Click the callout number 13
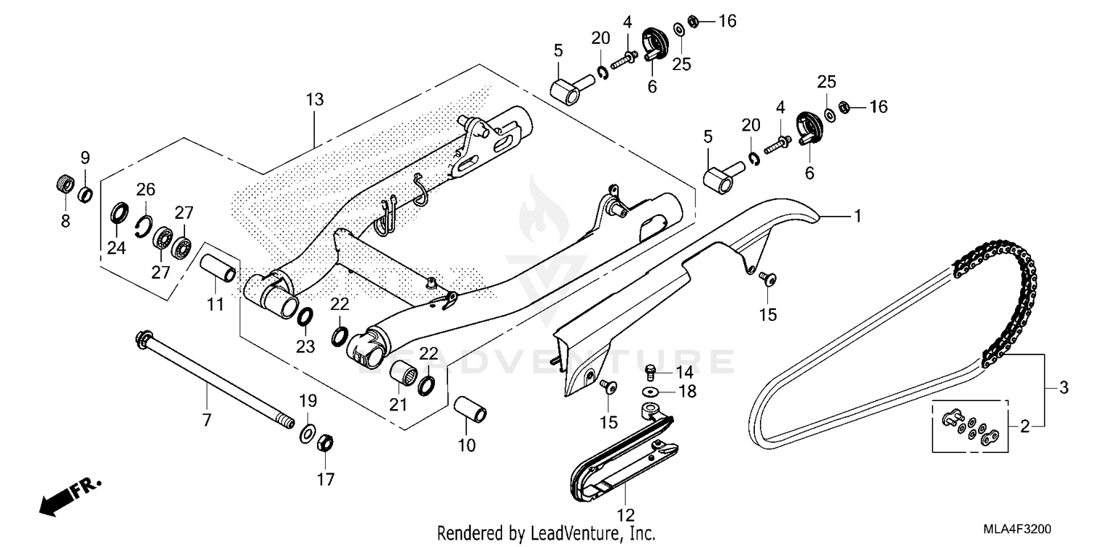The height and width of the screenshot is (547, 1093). [315, 99]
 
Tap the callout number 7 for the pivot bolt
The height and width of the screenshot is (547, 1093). [206, 420]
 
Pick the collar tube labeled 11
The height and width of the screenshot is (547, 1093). [219, 267]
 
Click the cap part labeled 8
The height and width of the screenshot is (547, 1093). [66, 183]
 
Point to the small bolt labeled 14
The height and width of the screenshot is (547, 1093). [652, 371]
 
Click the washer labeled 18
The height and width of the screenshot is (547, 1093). [650, 392]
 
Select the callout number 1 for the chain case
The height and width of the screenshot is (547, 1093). [858, 216]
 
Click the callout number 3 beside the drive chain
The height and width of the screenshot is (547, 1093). [1063, 388]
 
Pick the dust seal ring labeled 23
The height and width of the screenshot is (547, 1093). [306, 316]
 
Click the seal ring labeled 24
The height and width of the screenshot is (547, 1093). [117, 216]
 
